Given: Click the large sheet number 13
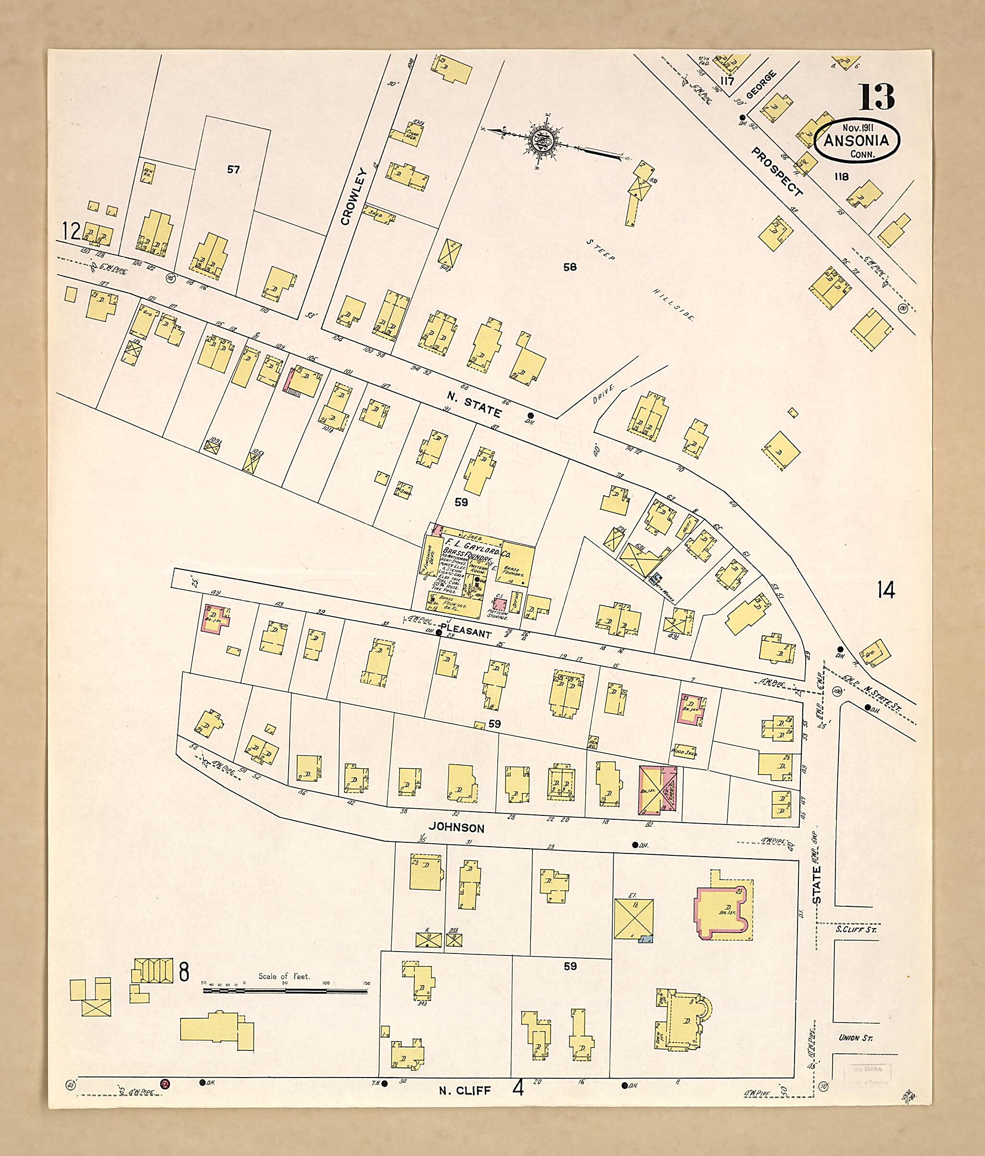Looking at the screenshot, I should tap(876, 97).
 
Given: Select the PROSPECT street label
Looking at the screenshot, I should tap(777, 171).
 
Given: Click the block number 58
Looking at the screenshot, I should tap(569, 267).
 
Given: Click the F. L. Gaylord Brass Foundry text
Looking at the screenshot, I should tap(467, 549).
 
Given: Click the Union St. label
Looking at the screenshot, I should tap(855, 1038).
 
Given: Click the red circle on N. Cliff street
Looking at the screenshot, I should tap(165, 1083).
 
